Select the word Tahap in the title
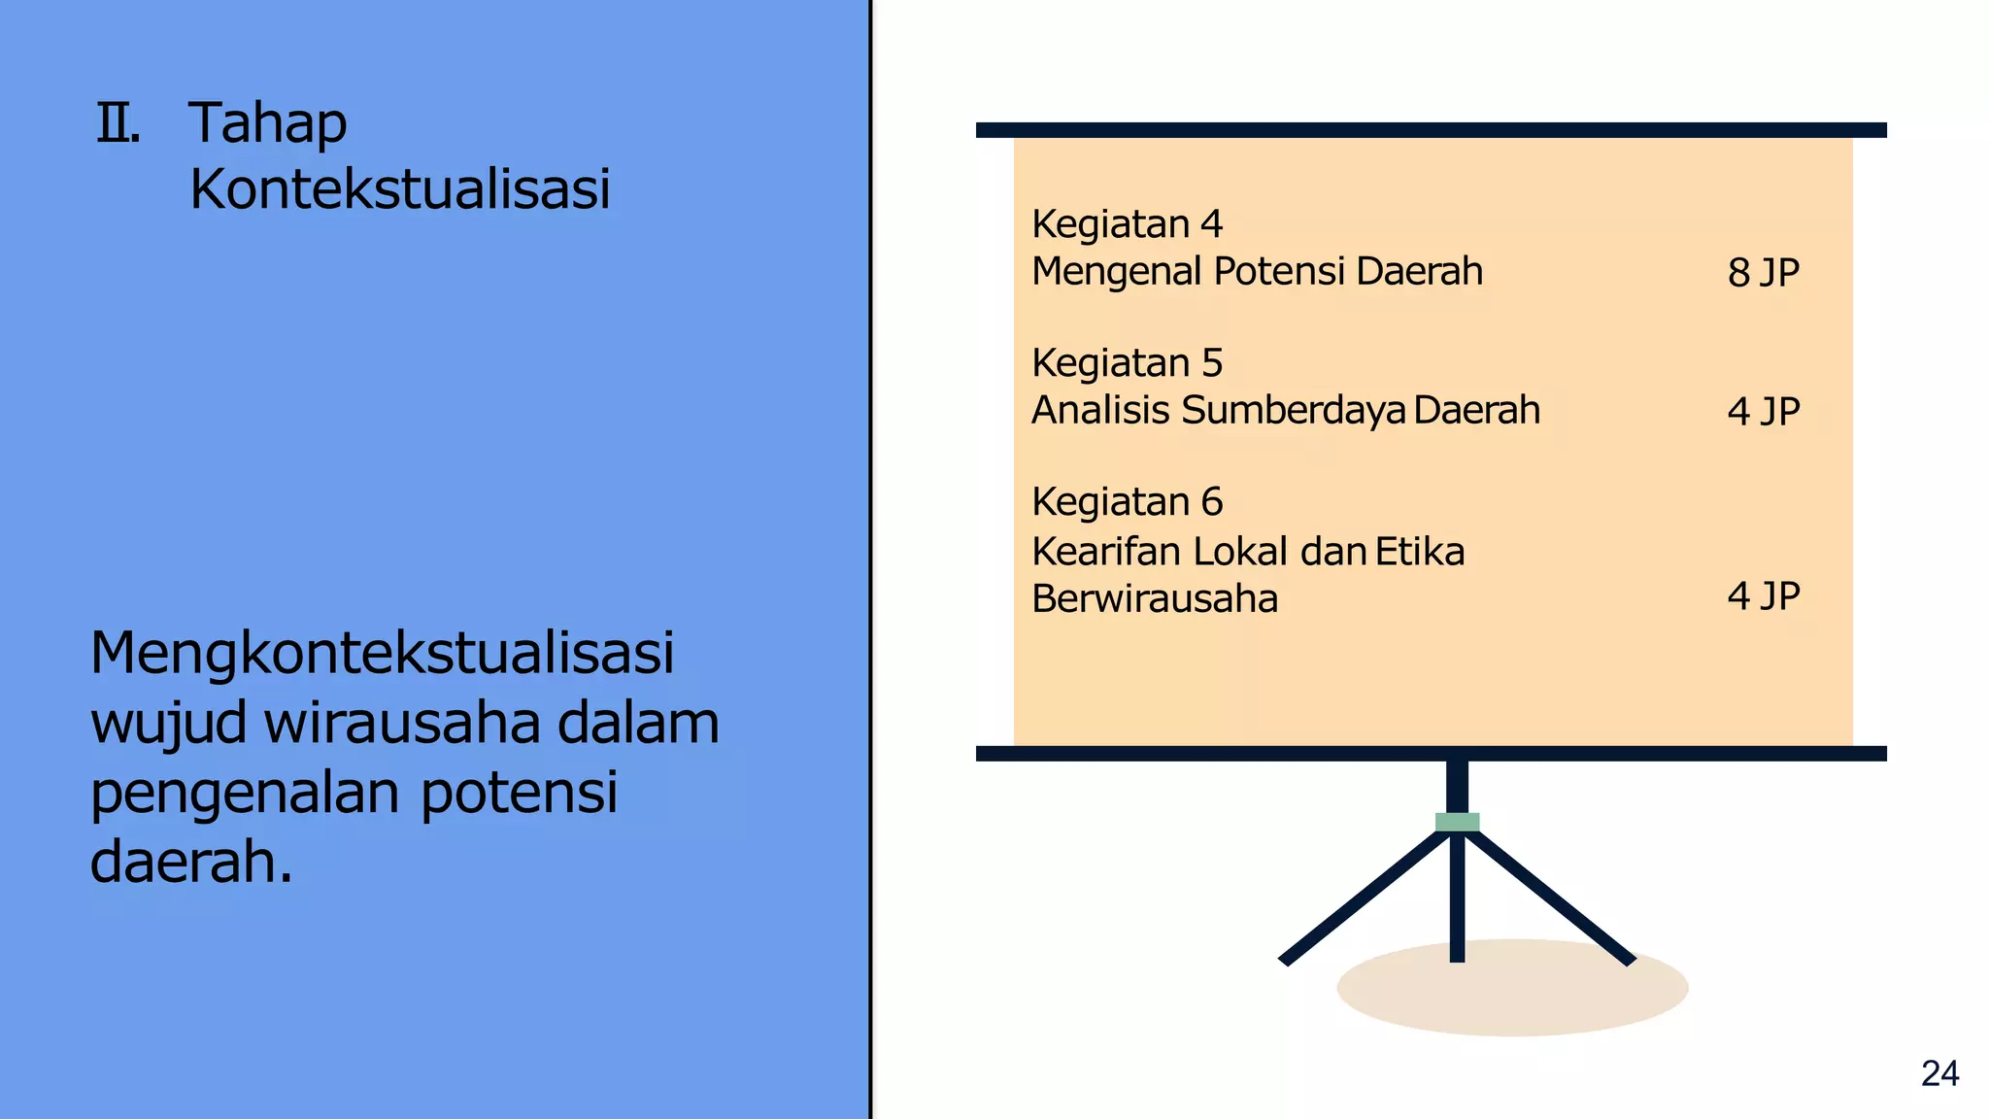click(268, 124)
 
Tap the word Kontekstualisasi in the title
click(400, 188)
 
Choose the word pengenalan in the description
click(245, 793)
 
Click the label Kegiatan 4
click(1127, 224)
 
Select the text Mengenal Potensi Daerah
click(1257, 271)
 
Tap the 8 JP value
click(1763, 273)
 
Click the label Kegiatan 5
click(1127, 363)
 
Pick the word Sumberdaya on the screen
click(1294, 411)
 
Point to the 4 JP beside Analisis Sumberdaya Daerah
click(1763, 412)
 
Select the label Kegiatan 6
click(1127, 502)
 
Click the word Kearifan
click(1106, 552)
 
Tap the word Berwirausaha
click(1155, 598)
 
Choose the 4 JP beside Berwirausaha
click(1763, 595)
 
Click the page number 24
click(1939, 1073)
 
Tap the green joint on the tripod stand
click(1457, 822)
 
